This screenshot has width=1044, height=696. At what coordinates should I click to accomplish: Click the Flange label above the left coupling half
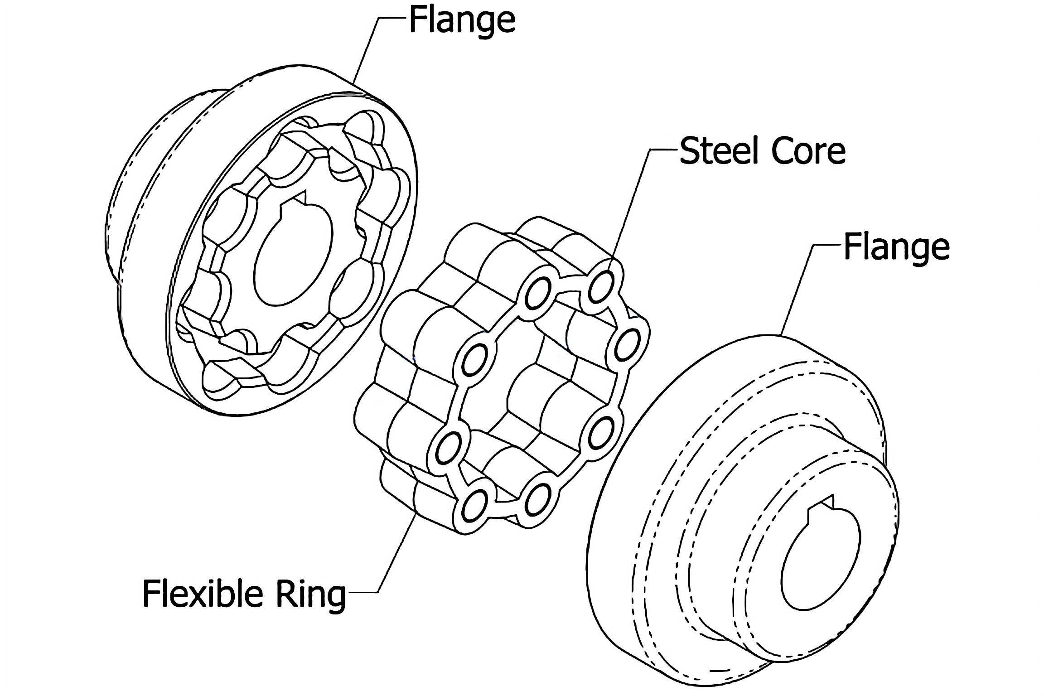click(x=462, y=20)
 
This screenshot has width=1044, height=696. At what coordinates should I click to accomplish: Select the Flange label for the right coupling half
click(x=896, y=247)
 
